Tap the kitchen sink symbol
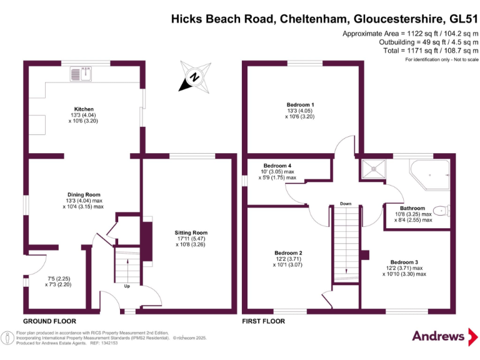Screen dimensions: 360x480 click(81, 75)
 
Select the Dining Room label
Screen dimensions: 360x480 click(83, 194)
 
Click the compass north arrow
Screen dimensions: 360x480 click(194, 78)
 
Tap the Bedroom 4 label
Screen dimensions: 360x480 click(277, 166)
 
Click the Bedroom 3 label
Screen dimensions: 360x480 click(404, 262)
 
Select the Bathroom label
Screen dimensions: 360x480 click(412, 208)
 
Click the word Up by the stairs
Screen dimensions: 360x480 click(126, 287)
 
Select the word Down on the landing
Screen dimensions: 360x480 click(346, 204)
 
